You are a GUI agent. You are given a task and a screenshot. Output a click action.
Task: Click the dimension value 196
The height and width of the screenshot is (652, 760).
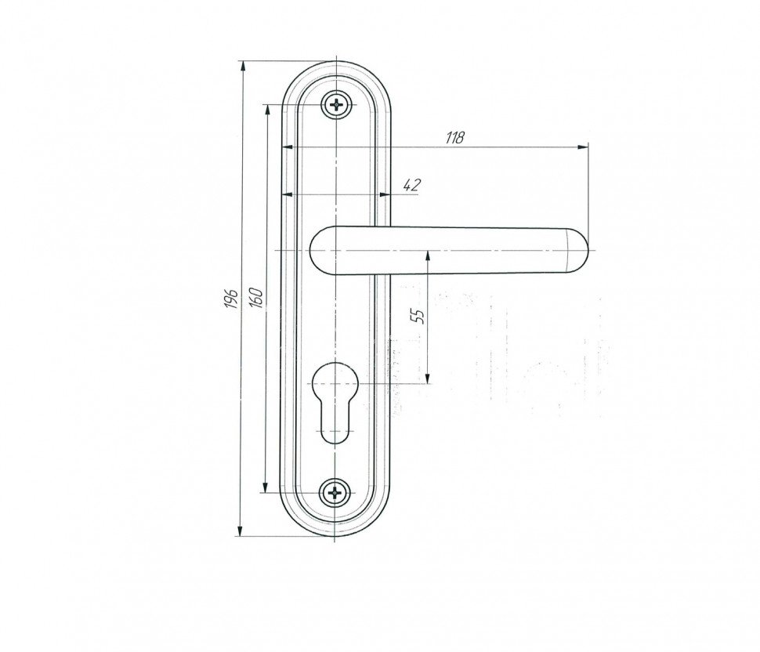[232, 299]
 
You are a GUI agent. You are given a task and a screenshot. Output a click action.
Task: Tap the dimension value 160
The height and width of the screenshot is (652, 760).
[257, 297]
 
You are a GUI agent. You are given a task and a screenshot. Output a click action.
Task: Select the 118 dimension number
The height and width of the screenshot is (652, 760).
[454, 138]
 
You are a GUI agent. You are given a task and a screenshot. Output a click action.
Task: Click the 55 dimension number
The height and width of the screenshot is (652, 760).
[418, 316]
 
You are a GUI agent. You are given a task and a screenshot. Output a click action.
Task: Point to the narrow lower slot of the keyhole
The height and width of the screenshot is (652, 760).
[334, 422]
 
